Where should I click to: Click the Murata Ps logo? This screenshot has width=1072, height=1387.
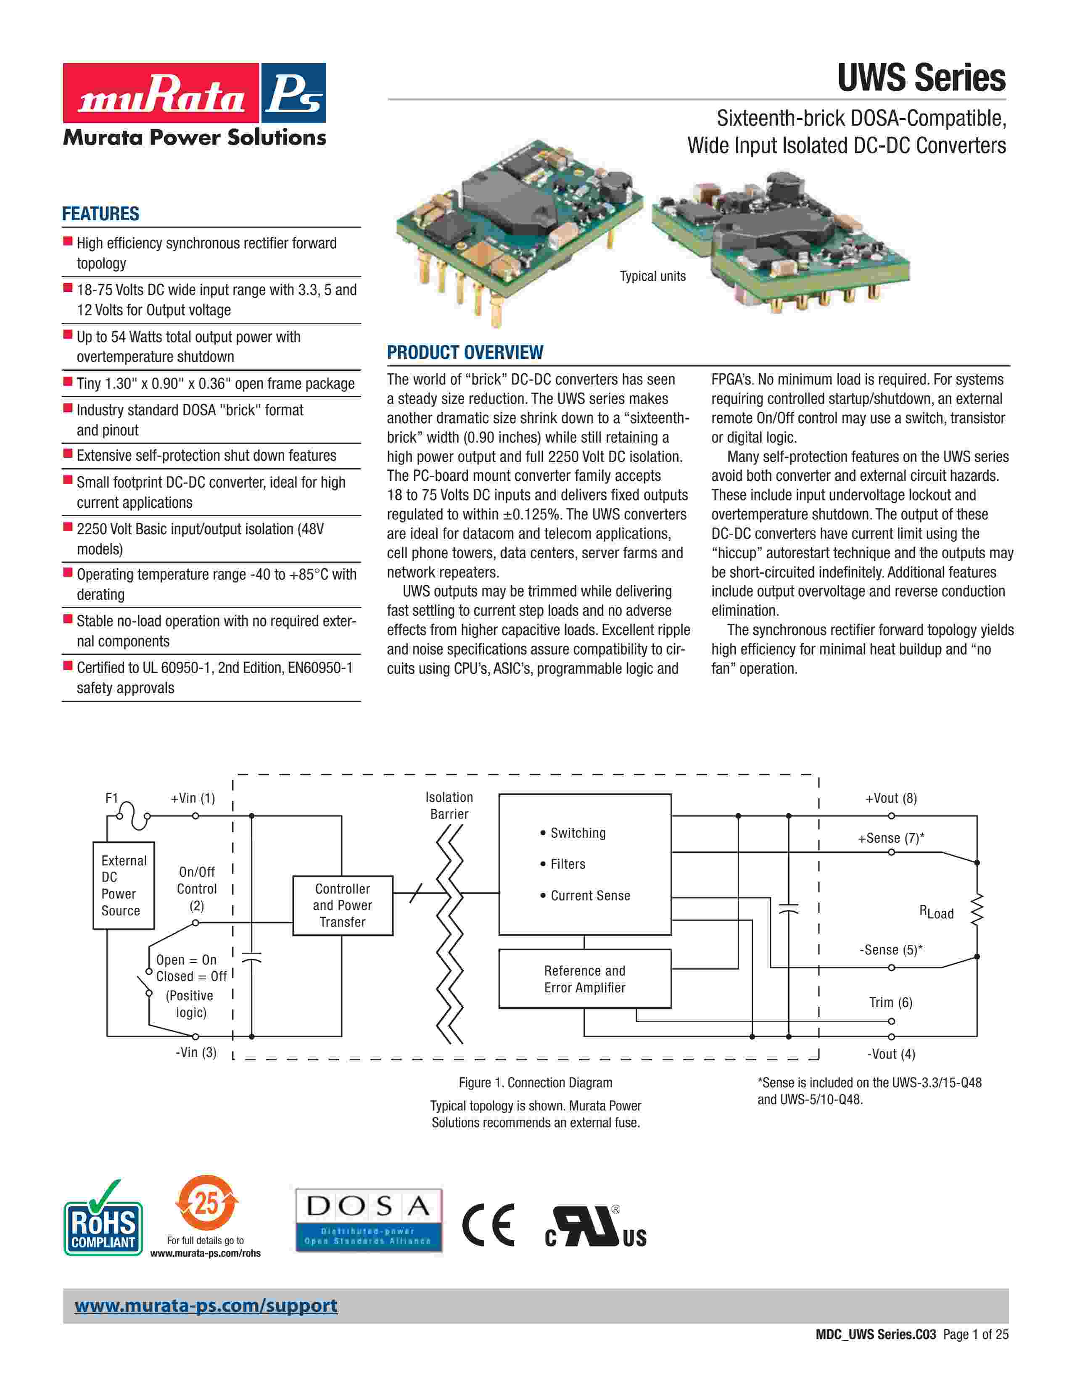pyautogui.click(x=194, y=93)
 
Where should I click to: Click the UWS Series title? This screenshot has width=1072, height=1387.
pyautogui.click(x=921, y=78)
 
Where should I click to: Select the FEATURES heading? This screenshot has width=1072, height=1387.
pyautogui.click(x=100, y=214)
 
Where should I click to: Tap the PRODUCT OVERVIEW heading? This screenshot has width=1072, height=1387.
pyautogui.click(x=465, y=353)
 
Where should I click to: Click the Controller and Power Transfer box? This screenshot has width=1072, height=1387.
pyautogui.click(x=342, y=906)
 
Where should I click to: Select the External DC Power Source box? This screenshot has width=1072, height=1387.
pyautogui.click(x=123, y=885)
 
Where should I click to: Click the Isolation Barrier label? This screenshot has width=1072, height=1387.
pyautogui.click(x=449, y=805)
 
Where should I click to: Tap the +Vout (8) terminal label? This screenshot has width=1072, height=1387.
pyautogui.click(x=890, y=798)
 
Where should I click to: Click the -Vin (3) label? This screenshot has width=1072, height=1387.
pyautogui.click(x=195, y=1052)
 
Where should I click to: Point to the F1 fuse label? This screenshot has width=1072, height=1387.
pyautogui.click(x=112, y=798)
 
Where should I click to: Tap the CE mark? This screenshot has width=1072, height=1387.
pyautogui.click(x=488, y=1225)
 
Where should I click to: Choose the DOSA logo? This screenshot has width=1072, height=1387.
pyautogui.click(x=368, y=1220)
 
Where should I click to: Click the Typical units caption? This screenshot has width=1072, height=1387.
pyautogui.click(x=652, y=276)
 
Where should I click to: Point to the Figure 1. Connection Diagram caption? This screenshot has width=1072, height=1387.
pyautogui.click(x=535, y=1083)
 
